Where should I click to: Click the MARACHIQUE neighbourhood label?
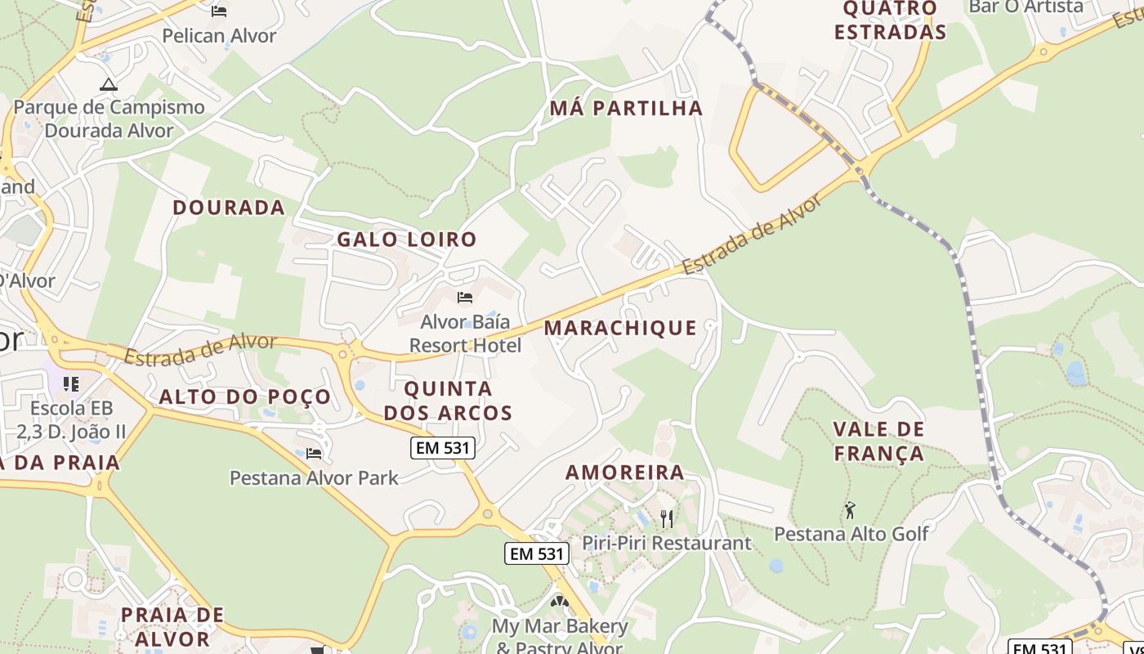click(x=620, y=328)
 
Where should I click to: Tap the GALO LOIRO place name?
click(x=407, y=240)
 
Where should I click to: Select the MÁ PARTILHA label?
click(x=626, y=108)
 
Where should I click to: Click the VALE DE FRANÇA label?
click(x=878, y=441)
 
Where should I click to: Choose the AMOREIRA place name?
click(x=625, y=472)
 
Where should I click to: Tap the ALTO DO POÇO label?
click(x=245, y=397)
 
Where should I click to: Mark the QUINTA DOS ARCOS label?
click(x=448, y=401)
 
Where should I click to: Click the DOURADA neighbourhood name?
click(x=229, y=208)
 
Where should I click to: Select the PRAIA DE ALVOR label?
click(x=172, y=626)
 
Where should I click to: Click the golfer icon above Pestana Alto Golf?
click(x=850, y=510)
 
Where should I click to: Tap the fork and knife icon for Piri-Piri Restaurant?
click(x=667, y=518)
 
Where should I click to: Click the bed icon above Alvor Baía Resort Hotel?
click(x=465, y=298)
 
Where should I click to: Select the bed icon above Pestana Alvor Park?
click(x=314, y=453)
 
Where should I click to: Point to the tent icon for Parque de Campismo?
click(x=109, y=83)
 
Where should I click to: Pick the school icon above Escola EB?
click(x=71, y=383)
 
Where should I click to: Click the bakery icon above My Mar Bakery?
click(x=560, y=602)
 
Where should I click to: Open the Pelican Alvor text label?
click(x=219, y=36)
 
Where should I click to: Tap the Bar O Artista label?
click(x=1026, y=7)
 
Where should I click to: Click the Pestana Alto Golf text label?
click(x=851, y=534)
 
